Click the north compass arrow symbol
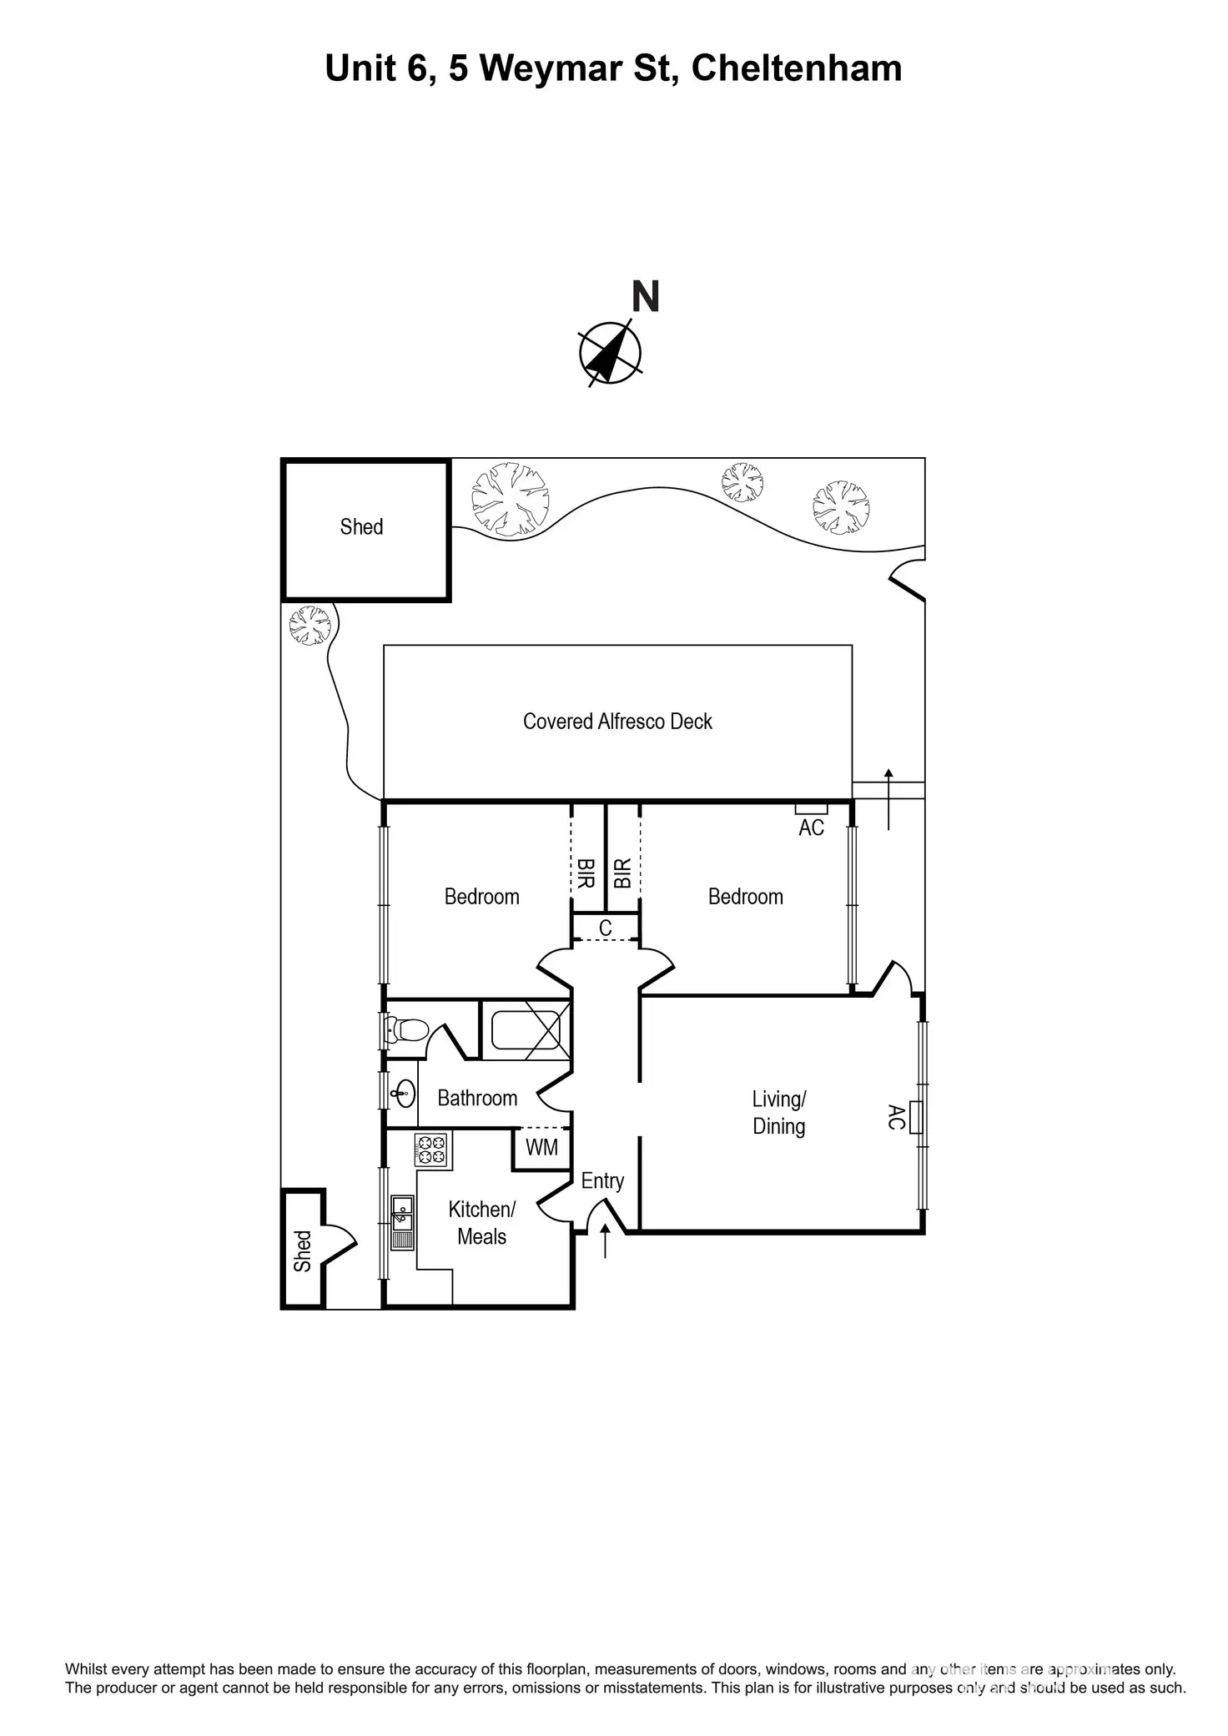610,353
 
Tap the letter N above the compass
646,297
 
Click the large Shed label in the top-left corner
361,527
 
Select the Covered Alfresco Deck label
617,722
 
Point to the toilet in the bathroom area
406,1030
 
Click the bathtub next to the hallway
525,1029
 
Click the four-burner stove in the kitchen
431,1150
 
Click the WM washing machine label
541,1148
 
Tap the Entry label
602,1181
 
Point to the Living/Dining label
779,1113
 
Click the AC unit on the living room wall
915,1117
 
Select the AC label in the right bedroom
811,828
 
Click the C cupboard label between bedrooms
606,928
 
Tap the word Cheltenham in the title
797,68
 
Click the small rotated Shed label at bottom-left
302,1251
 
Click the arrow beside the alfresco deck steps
888,798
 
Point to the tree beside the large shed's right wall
511,499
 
